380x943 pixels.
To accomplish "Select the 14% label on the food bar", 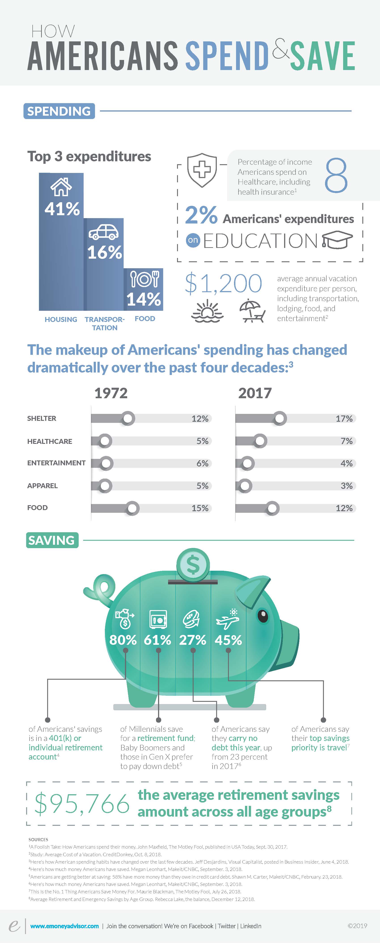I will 144,299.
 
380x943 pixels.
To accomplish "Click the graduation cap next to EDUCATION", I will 337,241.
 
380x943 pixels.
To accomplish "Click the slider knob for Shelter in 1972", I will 128,418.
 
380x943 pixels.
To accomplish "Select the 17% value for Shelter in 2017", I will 344,418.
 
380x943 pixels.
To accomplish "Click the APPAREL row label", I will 42,486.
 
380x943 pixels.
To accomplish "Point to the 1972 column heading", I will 111,393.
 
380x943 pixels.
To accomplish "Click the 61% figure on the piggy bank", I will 157,640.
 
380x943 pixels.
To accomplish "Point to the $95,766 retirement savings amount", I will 82,804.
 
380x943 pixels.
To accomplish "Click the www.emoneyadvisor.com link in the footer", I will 64,926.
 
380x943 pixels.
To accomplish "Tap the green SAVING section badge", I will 52,540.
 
